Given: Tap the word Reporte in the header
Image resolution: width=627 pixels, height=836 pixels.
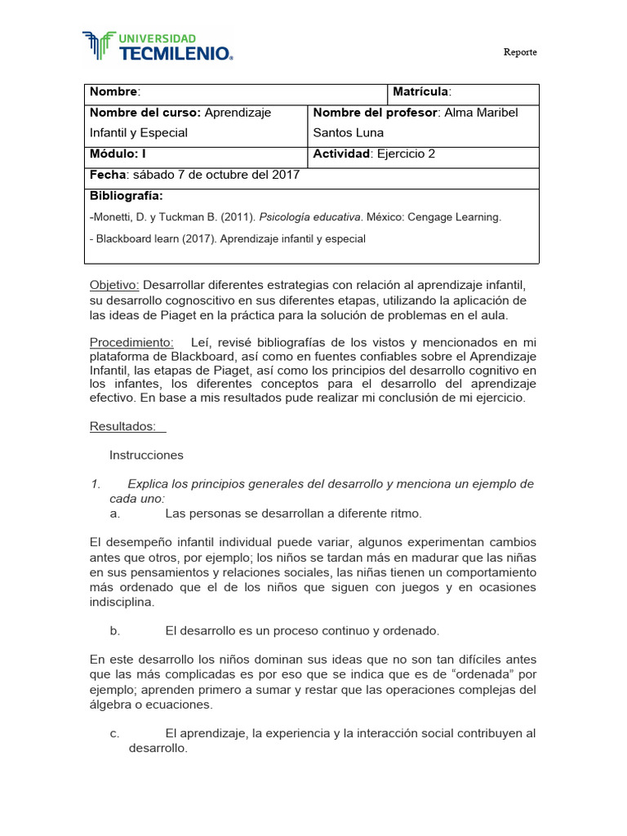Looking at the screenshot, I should coord(519,52).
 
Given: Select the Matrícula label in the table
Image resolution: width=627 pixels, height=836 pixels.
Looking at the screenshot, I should coord(421,92).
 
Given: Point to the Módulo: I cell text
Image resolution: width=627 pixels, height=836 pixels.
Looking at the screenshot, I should coord(118,153).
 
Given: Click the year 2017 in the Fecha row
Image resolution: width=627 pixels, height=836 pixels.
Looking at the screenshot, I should coord(285,175).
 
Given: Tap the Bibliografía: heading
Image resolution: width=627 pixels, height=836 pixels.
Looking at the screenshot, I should coord(126,196).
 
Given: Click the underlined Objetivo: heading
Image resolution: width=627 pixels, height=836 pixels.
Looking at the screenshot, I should coord(114,285).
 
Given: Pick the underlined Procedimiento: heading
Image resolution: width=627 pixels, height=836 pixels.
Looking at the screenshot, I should coord(131,342).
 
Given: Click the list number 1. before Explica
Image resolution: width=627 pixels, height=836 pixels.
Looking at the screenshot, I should coord(95,484).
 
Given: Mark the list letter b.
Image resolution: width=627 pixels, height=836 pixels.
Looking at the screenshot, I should coord(115,630).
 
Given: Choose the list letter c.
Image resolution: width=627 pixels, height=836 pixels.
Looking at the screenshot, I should coord(114,733).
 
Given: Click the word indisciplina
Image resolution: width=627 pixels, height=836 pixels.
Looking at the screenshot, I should coord(122,602).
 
